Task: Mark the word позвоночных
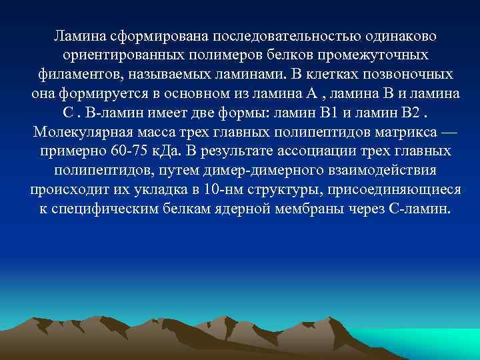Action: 415,73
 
